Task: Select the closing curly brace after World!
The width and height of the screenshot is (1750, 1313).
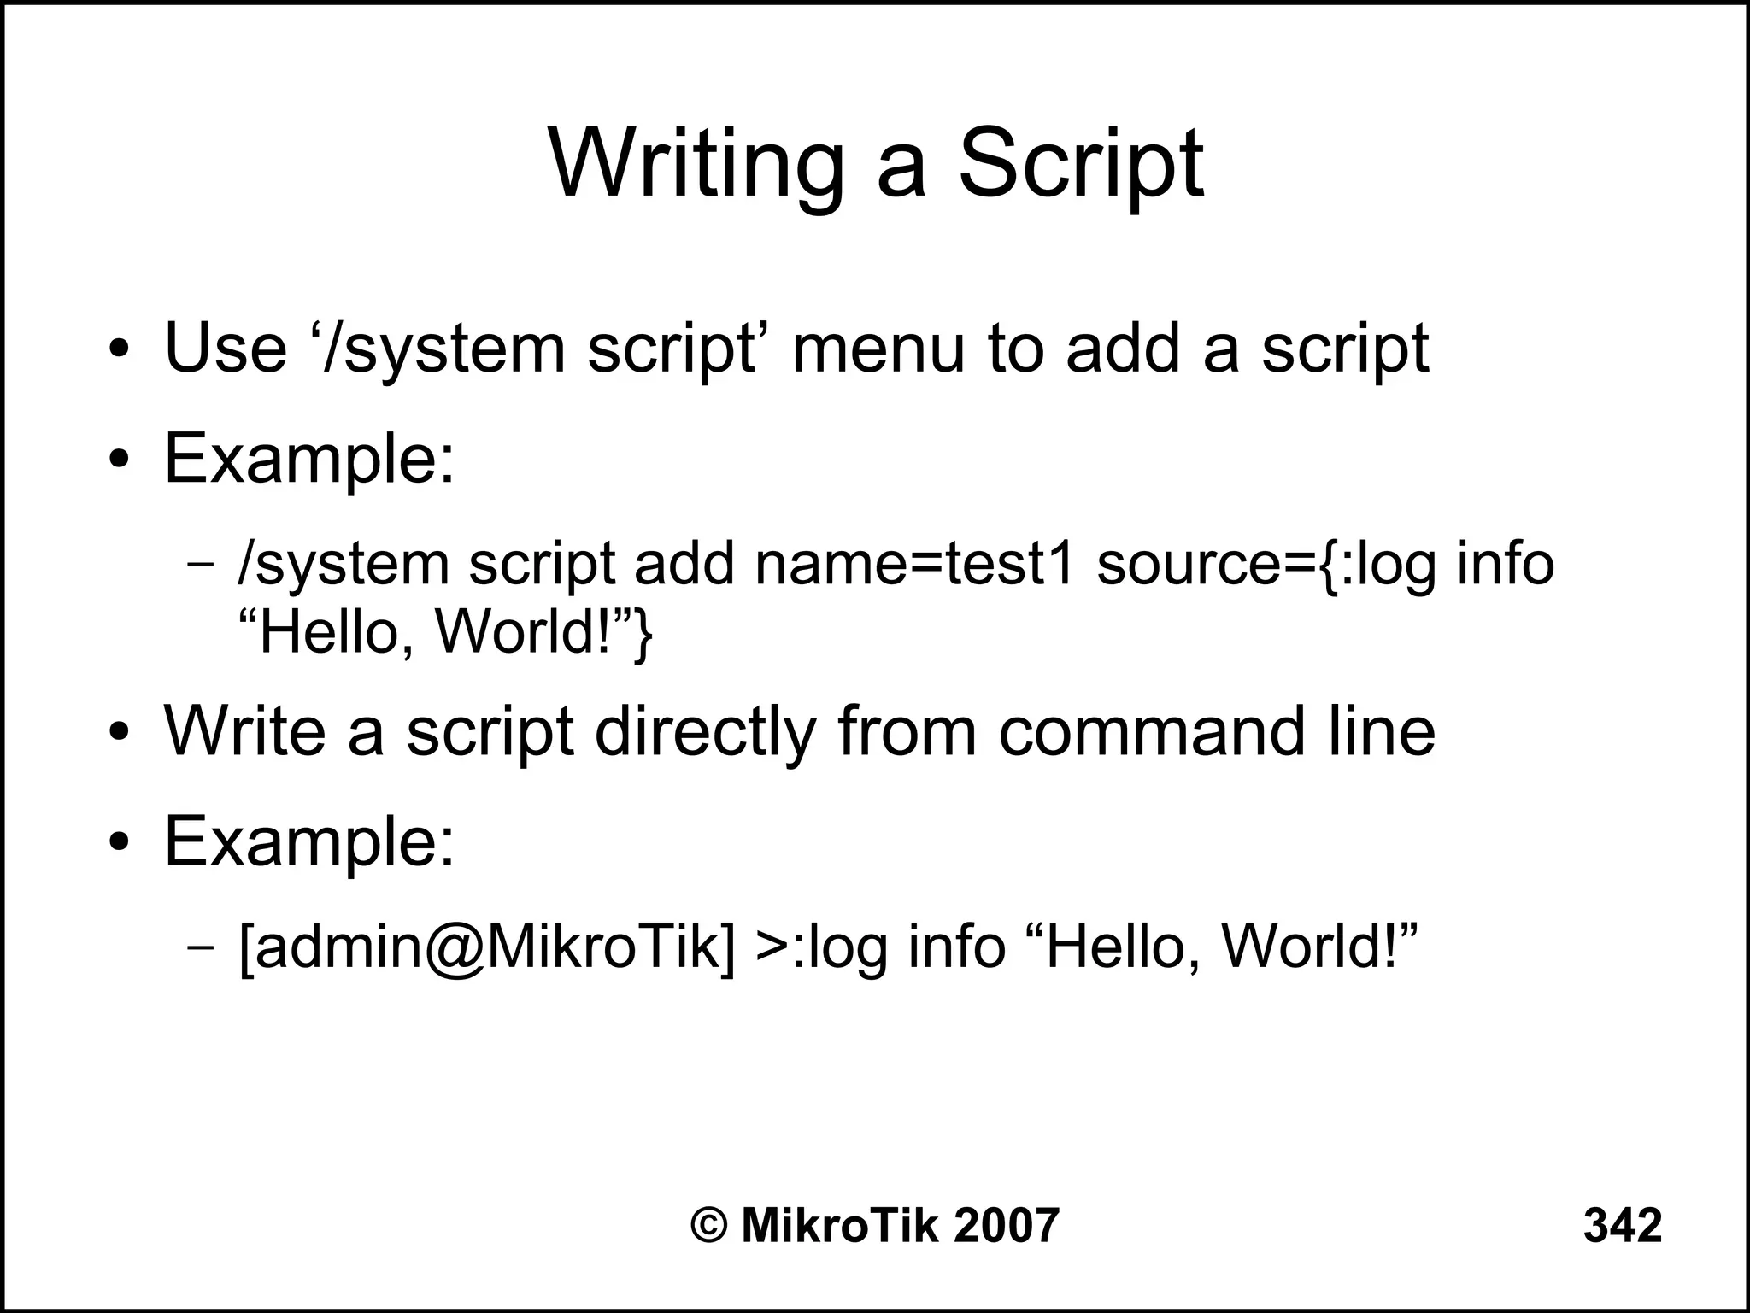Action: (x=642, y=634)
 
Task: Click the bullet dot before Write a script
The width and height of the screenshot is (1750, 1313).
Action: (x=119, y=732)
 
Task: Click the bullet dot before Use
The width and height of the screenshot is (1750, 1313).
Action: (x=119, y=349)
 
